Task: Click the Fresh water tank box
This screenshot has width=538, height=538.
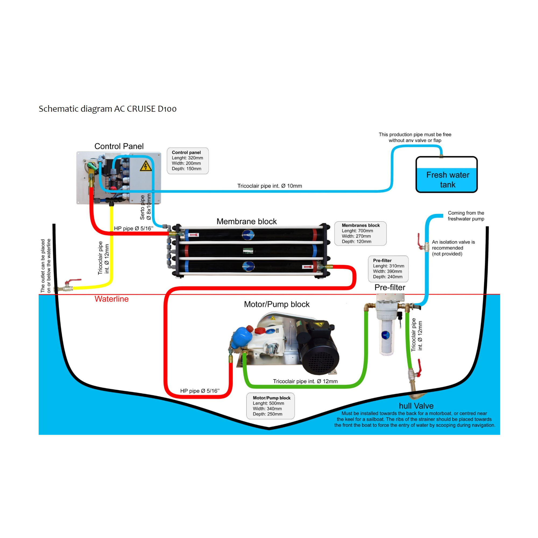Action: tap(446, 175)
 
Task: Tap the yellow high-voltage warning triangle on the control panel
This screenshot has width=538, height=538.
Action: tap(146, 166)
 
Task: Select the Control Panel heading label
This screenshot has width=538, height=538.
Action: tap(119, 146)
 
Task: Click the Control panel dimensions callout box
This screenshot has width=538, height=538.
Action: tap(188, 161)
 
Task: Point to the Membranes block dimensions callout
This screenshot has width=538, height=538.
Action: tap(360, 233)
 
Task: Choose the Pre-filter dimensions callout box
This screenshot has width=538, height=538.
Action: tap(388, 269)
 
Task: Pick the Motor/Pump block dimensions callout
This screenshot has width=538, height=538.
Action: tap(270, 406)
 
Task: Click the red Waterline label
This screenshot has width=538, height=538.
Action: tap(111, 299)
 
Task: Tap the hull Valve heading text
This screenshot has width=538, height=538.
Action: tap(416, 406)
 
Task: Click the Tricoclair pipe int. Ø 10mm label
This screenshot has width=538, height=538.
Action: tap(269, 186)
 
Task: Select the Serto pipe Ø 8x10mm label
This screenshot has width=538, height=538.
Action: tap(145, 207)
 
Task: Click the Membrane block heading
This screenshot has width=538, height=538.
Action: tap(246, 221)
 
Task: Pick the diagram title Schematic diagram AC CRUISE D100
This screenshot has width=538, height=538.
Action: tap(108, 109)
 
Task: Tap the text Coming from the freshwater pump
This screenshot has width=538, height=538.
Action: tap(466, 216)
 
